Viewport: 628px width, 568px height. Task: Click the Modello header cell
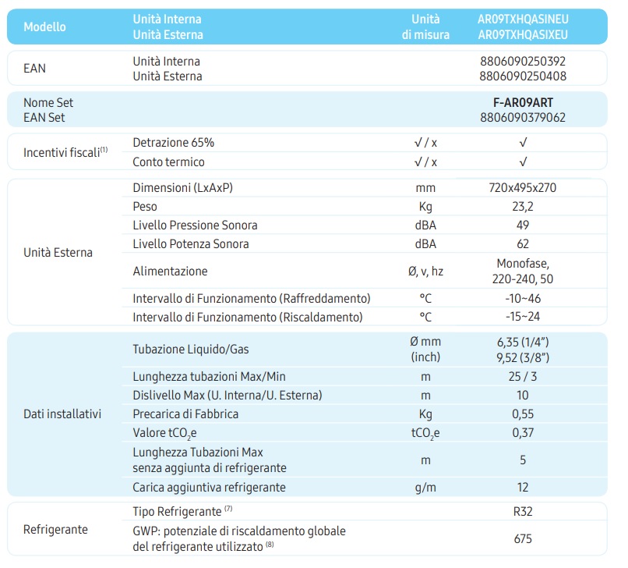coord(44,27)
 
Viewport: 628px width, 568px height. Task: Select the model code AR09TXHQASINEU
coord(523,20)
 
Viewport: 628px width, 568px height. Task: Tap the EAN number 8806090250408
coord(523,76)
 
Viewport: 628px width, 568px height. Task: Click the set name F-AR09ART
coord(523,102)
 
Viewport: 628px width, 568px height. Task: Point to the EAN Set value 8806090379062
coord(523,117)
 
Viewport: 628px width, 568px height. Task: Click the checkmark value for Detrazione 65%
coord(523,143)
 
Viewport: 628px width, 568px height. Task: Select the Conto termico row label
coord(168,162)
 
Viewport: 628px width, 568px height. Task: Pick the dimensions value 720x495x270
coord(523,188)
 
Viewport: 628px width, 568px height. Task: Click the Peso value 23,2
coord(523,207)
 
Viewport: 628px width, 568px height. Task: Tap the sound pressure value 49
coord(523,225)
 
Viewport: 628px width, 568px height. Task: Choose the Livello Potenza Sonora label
coord(191,244)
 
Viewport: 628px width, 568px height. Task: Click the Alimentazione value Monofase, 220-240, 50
coord(523,271)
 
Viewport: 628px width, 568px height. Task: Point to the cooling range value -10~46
coord(523,298)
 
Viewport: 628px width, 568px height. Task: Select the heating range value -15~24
coord(523,317)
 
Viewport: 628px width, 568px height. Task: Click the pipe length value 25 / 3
coord(523,376)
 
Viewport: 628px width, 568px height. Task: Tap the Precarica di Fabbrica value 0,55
coord(523,414)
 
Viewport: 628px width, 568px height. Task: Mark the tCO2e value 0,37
coord(523,433)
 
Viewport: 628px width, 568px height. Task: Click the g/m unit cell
coord(425,487)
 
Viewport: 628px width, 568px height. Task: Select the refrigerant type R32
coord(523,512)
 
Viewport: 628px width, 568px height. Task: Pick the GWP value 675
coord(523,538)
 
